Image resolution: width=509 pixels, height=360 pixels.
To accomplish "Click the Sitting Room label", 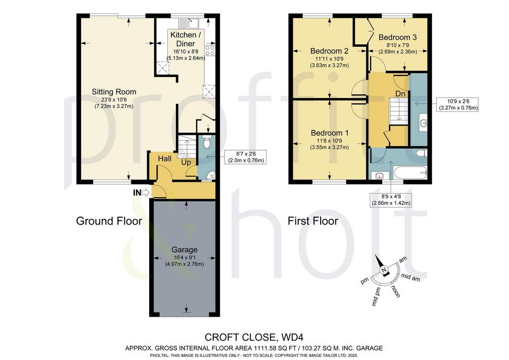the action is coord(114,92).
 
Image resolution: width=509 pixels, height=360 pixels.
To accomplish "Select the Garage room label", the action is coord(184,250).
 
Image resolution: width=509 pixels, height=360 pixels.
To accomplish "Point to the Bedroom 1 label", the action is coord(330,133).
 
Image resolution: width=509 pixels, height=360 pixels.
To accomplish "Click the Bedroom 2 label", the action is coord(329,51).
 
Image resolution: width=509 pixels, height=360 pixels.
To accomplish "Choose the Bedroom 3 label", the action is coord(397,37).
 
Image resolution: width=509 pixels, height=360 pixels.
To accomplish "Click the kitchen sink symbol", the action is coord(188,24).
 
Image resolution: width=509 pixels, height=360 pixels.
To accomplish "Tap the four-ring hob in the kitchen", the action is coord(210,50).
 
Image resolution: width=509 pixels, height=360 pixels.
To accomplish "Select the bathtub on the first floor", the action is coord(410,172).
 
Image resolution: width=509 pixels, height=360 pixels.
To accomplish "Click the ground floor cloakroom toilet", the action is coord(207,142).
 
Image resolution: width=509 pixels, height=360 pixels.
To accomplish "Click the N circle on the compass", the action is coord(384,270).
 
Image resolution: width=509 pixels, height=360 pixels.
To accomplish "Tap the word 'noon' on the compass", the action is coord(396,291).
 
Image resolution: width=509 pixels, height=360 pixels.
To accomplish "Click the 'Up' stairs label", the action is coord(186,162).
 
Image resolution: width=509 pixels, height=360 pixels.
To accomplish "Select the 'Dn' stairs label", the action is coord(400,93).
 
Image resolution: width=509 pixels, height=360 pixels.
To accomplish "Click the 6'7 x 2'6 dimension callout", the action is coord(246,157).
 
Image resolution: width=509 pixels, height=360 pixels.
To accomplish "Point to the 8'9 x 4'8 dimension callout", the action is coord(391,199).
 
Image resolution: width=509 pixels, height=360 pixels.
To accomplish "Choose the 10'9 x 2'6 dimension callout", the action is coord(458,104).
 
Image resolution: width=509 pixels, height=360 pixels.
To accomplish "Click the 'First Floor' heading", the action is coord(313,221).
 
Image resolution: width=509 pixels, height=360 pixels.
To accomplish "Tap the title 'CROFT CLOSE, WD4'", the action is coord(254,337).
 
